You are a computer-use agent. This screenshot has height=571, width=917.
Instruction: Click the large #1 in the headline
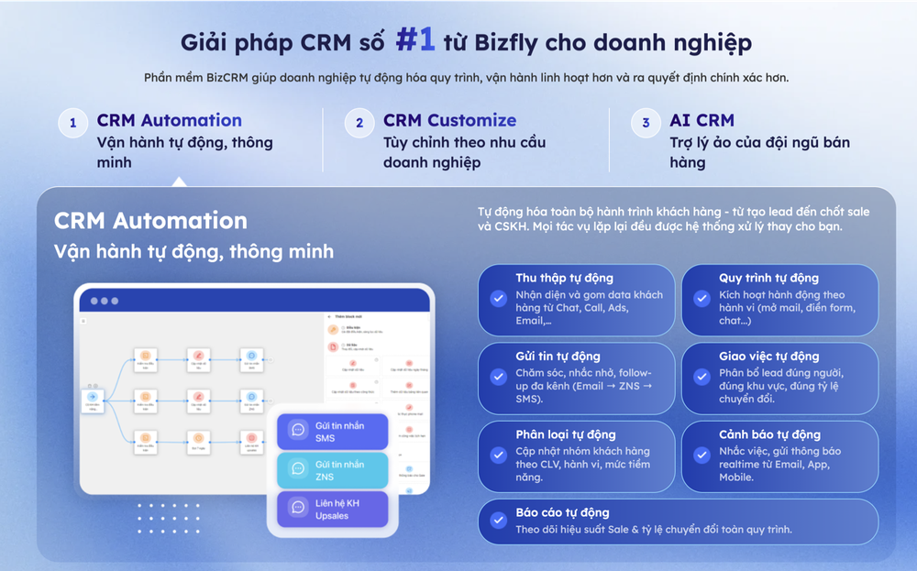click(415, 39)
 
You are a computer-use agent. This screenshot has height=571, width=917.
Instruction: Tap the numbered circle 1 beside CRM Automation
click(73, 123)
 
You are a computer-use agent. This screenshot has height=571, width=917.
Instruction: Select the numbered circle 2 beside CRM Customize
click(359, 123)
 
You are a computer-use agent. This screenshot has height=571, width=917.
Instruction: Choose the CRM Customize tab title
click(449, 120)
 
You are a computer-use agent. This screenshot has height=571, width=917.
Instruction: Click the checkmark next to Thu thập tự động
click(499, 299)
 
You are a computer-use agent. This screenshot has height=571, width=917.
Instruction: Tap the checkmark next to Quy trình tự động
click(702, 299)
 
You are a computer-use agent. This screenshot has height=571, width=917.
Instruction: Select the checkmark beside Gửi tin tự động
click(499, 377)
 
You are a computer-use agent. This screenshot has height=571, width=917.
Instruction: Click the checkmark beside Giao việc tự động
click(702, 377)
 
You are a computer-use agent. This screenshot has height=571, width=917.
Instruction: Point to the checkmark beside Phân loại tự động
click(499, 455)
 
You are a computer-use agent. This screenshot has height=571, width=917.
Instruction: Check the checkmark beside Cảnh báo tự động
click(702, 455)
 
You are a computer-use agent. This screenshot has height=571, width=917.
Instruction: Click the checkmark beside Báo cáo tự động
click(499, 521)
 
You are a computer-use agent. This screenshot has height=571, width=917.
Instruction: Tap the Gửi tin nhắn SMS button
click(333, 432)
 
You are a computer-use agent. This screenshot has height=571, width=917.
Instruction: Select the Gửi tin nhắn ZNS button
click(333, 470)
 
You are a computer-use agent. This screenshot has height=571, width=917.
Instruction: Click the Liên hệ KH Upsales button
click(333, 509)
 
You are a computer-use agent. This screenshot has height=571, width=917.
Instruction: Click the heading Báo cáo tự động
click(562, 512)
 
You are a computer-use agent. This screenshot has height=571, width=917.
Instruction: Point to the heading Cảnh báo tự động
click(769, 434)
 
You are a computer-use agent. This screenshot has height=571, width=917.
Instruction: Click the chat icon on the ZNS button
click(298, 469)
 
